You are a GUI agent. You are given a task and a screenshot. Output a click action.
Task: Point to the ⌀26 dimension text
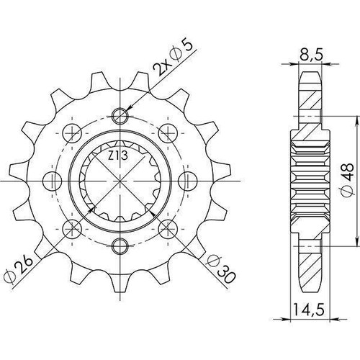[x=19, y=269]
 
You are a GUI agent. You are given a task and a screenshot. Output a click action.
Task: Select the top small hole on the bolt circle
[x=120, y=116]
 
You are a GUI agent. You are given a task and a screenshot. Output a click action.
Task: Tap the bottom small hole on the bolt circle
[x=120, y=246]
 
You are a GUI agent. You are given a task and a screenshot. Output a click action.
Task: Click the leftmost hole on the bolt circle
[x=53, y=181]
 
